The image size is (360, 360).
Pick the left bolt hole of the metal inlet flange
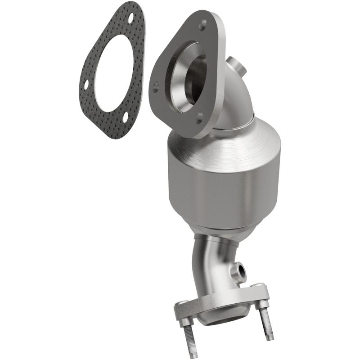156,84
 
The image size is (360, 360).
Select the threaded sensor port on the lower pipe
241,271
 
